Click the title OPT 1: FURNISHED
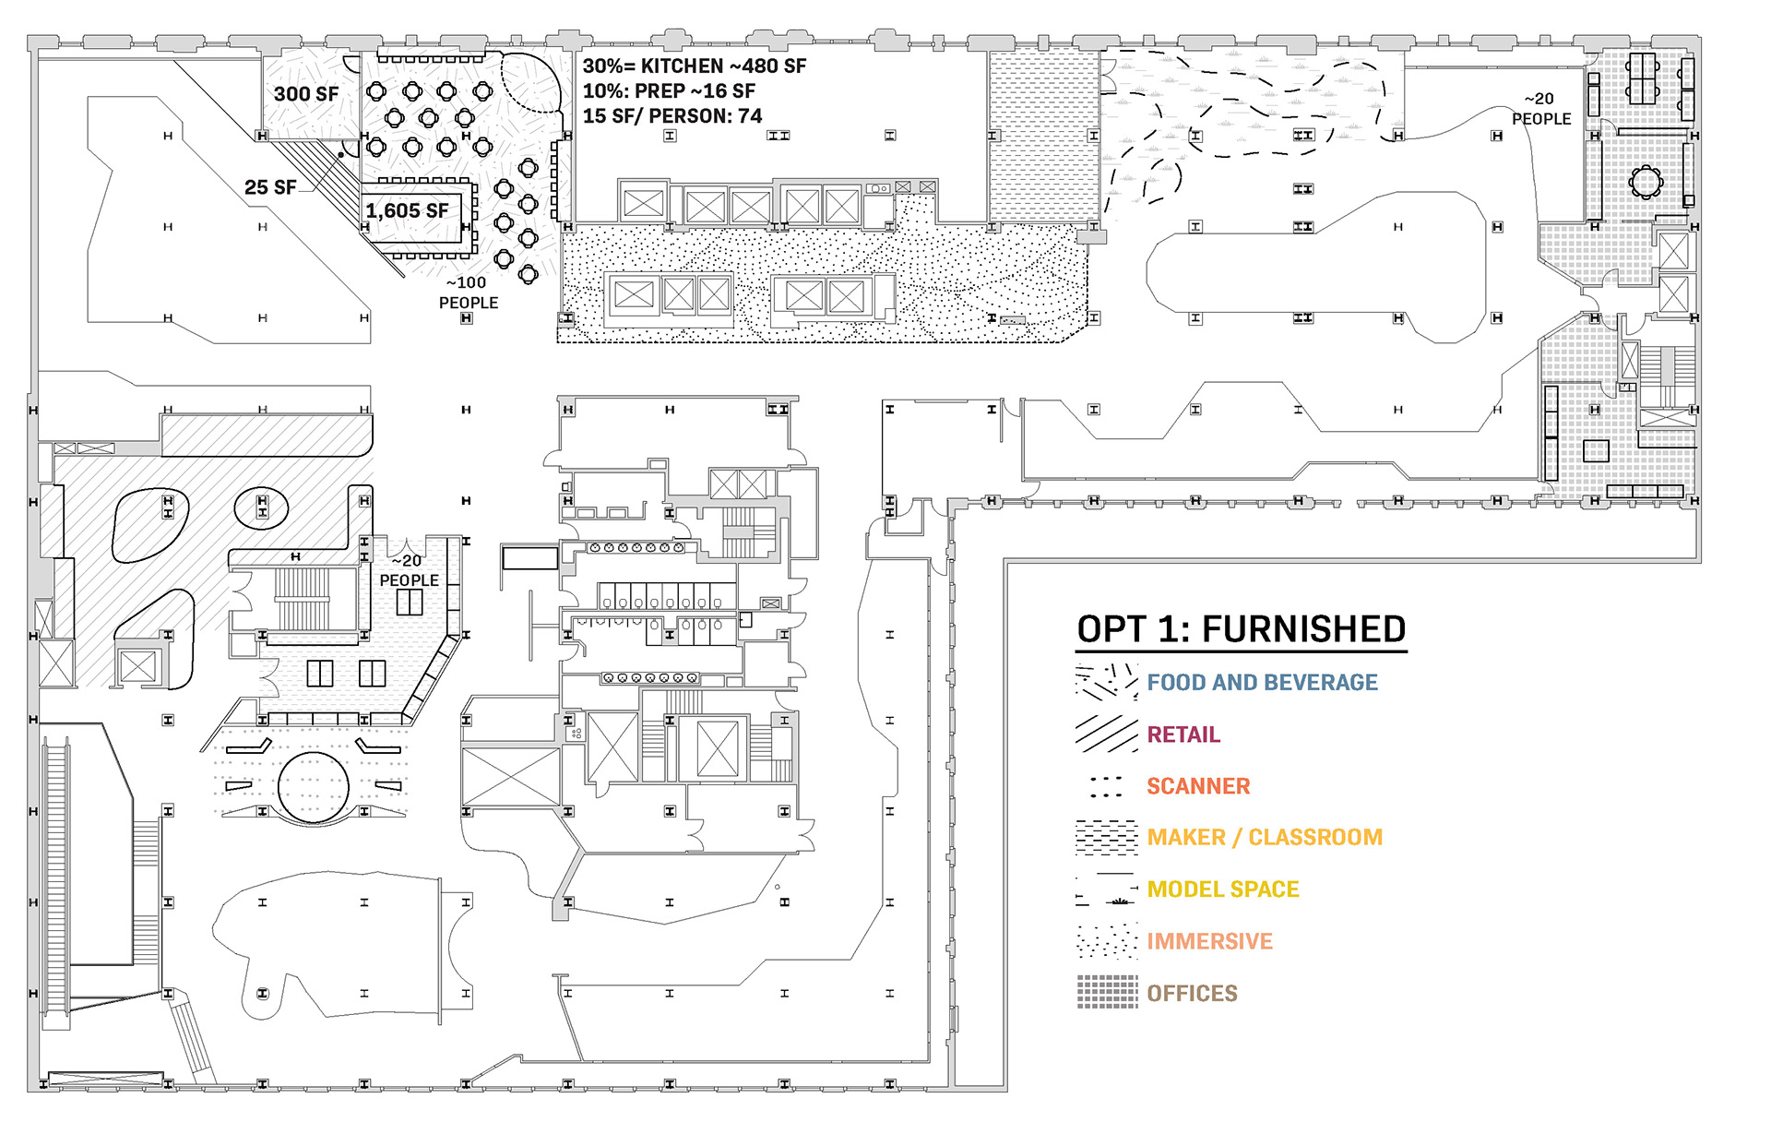click(1241, 629)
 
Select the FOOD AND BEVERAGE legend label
click(1262, 683)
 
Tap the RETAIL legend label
click(1183, 734)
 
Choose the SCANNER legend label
click(1198, 786)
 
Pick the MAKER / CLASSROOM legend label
click(1265, 838)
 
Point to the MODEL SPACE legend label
click(1223, 889)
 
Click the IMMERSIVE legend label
click(1209, 941)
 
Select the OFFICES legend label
click(1192, 994)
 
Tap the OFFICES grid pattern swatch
click(1107, 992)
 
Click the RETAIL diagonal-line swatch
click(1107, 734)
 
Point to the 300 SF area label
click(306, 94)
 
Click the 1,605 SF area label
click(407, 211)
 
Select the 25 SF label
click(270, 187)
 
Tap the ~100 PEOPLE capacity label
click(469, 292)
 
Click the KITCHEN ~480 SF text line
click(695, 66)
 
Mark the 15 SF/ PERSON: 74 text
click(672, 116)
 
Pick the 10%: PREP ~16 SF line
click(669, 91)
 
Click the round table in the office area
click(1645, 181)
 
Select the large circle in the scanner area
click(313, 786)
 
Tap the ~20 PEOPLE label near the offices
click(1540, 109)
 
